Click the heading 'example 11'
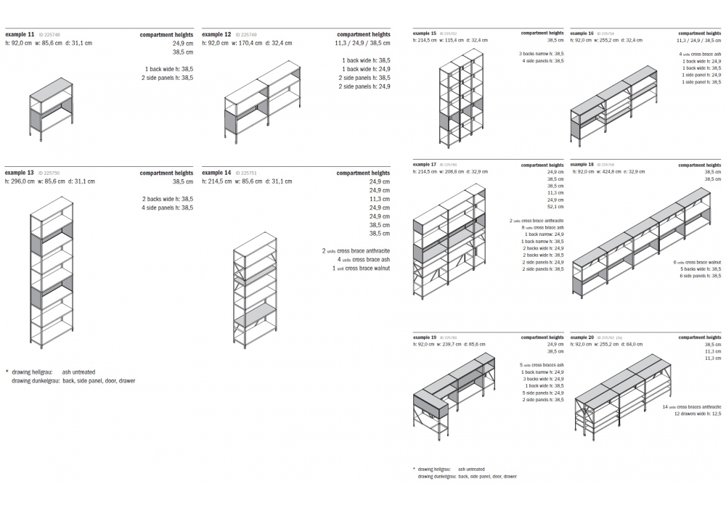coord(20,34)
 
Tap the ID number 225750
coord(51,173)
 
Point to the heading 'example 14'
coord(216,173)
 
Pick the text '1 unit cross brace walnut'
coord(361,268)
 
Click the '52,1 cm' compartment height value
coord(555,206)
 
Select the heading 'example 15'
coord(425,33)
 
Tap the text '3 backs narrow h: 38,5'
coord(541,54)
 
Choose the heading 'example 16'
coord(582,33)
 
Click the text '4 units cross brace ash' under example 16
coord(700,54)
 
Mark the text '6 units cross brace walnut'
coord(696,262)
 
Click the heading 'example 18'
coord(582,165)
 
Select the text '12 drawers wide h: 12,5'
coord(698,414)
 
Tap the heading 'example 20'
coord(582,337)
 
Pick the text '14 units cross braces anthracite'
coord(691,407)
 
